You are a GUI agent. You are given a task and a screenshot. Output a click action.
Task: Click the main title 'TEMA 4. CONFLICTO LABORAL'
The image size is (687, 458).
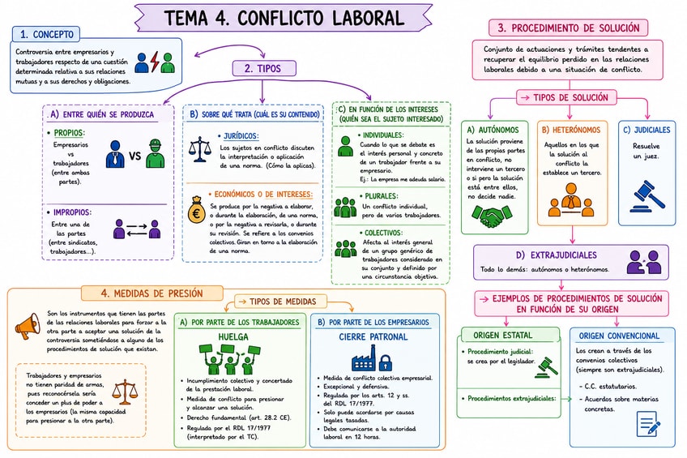tap(284, 18)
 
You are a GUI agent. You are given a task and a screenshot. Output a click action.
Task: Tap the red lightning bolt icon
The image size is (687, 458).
tap(154, 62)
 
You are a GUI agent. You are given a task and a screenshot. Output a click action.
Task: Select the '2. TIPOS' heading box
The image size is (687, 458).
tap(264, 68)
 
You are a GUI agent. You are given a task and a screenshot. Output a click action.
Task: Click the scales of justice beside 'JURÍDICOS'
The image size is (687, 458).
tap(199, 149)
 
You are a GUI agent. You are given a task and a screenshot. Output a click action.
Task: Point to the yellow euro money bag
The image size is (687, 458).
tap(197, 209)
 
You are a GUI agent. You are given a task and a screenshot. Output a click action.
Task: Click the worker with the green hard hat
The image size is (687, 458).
tap(155, 153)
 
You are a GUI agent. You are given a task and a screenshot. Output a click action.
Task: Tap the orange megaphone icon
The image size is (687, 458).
tap(28, 326)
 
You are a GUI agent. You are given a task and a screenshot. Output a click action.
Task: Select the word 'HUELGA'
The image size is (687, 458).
tap(233, 337)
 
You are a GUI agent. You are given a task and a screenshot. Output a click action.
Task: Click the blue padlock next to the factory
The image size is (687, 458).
tap(385, 362)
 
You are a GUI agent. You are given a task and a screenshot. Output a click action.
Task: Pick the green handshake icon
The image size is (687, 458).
tap(492, 216)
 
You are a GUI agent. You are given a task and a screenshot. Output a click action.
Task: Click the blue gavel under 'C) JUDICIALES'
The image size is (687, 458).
tap(647, 197)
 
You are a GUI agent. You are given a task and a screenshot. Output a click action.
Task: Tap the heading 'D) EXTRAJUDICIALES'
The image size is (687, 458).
tap(557, 255)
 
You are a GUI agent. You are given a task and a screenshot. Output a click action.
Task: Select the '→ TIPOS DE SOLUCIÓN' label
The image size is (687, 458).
tap(566, 97)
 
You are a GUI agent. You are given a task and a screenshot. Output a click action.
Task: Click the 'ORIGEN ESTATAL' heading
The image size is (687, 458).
tap(502, 336)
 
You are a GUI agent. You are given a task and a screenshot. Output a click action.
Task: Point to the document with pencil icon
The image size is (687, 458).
tap(648, 424)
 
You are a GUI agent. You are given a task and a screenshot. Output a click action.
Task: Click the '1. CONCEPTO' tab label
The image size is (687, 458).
tap(46, 34)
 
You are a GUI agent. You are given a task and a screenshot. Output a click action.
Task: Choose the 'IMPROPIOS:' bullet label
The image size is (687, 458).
tap(72, 212)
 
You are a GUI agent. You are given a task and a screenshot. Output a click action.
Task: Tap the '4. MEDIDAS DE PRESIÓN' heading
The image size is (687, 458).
tap(151, 293)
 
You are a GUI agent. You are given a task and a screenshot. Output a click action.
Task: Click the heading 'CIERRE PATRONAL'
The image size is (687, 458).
tap(373, 337)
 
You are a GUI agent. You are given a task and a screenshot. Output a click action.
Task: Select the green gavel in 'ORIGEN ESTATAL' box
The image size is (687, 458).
tap(546, 367)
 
